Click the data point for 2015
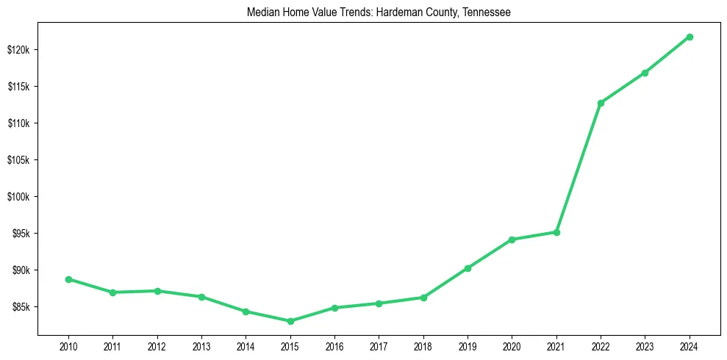coord(290,321)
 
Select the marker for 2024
coord(690,37)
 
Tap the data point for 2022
coord(601,103)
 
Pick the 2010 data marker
coord(68,279)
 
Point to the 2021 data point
coord(556,232)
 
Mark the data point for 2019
coord(468,268)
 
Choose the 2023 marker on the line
coord(645,73)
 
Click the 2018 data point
coord(423,298)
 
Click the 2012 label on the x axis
coord(157,346)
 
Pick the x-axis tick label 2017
coord(379,346)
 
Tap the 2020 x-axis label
coord(512,346)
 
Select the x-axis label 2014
coord(246,346)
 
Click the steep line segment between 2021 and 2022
coord(579,168)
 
